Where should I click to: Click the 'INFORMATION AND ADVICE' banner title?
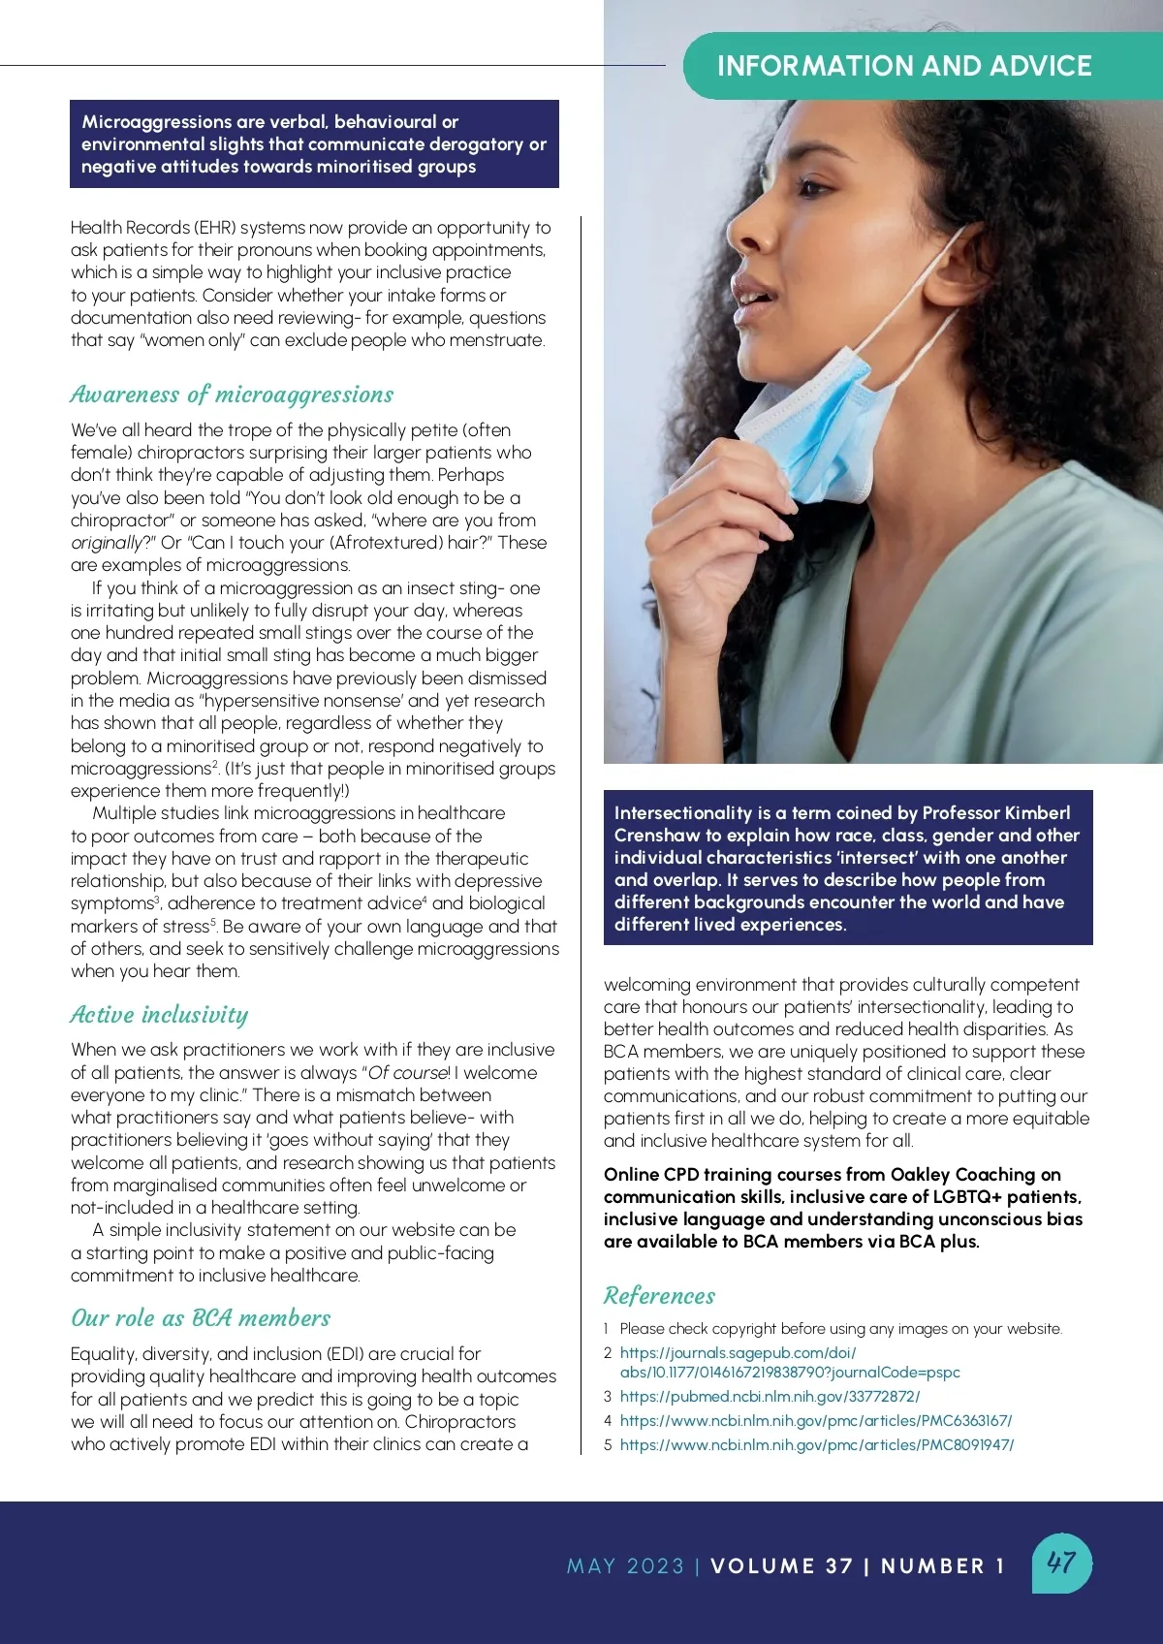903,66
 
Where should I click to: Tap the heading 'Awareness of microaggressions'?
232,395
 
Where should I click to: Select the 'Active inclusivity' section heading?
159,1015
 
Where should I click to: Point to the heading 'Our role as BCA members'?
201,1318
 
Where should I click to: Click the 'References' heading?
659,1296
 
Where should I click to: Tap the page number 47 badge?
1061,1563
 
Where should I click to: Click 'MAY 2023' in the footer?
625,1566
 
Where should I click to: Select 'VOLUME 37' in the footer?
781,1566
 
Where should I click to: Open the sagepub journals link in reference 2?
789,1362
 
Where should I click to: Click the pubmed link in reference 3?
770,1397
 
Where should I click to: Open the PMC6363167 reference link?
815,1421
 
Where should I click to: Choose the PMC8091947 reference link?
816,1445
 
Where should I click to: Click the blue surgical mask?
814,427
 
